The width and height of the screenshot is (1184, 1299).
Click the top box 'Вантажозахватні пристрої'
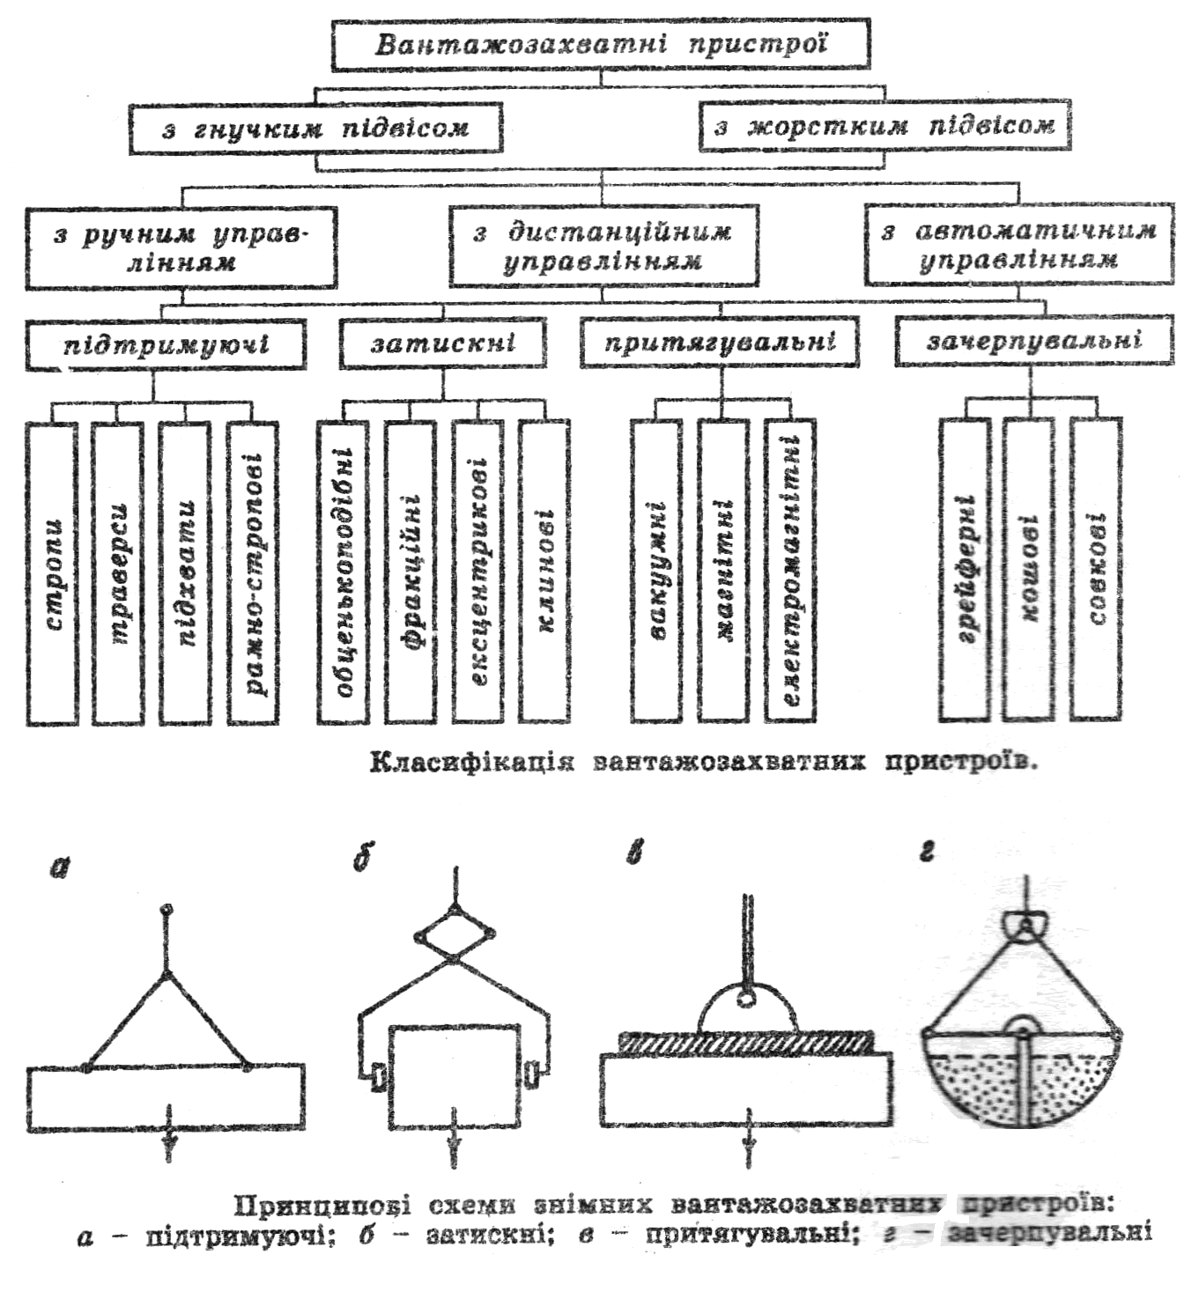(601, 44)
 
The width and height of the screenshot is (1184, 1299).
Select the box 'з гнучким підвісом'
(315, 129)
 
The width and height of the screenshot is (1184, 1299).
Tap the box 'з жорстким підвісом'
(884, 127)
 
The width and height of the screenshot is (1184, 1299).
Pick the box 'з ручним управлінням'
(181, 248)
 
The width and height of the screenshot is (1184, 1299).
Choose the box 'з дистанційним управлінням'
(603, 247)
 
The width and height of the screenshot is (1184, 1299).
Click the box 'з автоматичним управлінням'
(1018, 245)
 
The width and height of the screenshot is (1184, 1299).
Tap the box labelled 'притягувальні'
(720, 342)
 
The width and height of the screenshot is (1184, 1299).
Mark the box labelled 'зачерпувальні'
(1034, 341)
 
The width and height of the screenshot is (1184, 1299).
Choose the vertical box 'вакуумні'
(656, 571)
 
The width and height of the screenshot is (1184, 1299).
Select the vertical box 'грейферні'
(965, 568)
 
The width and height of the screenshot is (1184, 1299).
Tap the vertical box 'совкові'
(1096, 568)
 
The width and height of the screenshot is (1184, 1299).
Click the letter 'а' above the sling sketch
(59, 868)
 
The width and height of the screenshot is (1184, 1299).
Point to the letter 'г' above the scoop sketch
(926, 852)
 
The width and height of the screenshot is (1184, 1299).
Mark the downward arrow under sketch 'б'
(455, 1145)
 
